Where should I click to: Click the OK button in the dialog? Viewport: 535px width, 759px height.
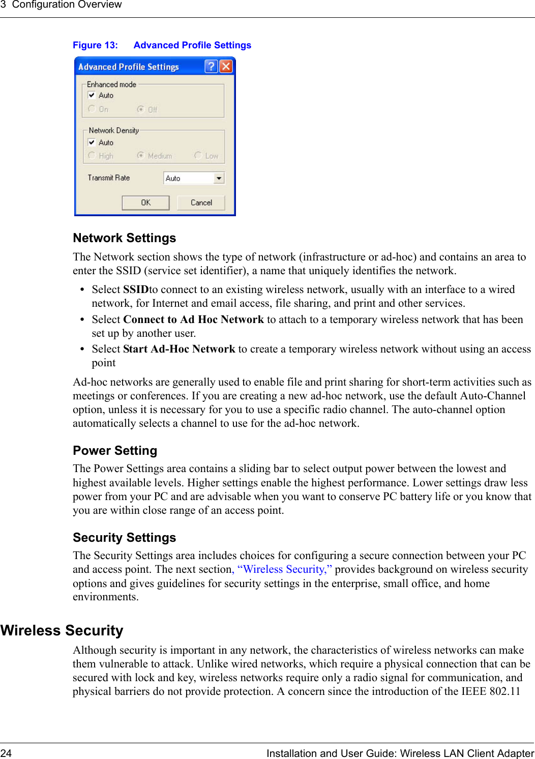click(x=145, y=202)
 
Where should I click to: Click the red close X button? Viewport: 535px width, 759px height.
click(x=226, y=66)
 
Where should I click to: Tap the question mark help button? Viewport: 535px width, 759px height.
click(x=211, y=66)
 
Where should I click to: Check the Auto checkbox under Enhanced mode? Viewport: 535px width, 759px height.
click(x=92, y=95)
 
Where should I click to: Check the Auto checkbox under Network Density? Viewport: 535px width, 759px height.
click(x=92, y=142)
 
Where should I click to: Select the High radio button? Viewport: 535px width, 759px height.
click(x=92, y=156)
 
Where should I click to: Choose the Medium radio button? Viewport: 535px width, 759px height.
click(x=140, y=156)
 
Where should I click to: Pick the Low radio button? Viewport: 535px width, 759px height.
click(x=198, y=156)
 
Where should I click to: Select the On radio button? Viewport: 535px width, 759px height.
click(x=92, y=109)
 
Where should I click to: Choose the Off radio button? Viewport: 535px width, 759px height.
click(x=140, y=109)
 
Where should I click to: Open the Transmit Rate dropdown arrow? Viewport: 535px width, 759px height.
click(x=219, y=178)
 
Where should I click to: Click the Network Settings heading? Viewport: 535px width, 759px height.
click(x=125, y=238)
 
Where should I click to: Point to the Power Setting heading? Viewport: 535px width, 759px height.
click(x=115, y=451)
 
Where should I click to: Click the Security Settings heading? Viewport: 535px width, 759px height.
click(x=125, y=538)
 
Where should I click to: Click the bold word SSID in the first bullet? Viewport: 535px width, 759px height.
click(x=136, y=289)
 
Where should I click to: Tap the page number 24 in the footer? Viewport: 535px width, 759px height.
click(x=6, y=753)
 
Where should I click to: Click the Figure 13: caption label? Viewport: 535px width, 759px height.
click(x=95, y=45)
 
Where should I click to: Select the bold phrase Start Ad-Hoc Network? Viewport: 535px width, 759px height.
click(x=179, y=349)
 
